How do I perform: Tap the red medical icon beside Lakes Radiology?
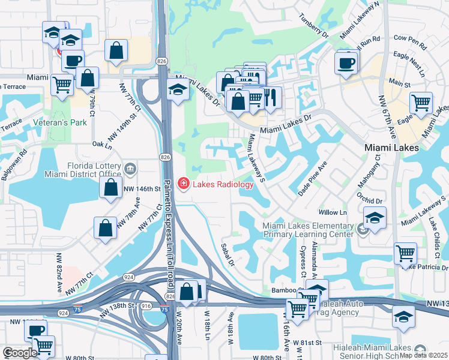[184, 184]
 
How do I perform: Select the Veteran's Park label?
[69, 122]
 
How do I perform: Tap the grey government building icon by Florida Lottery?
[130, 166]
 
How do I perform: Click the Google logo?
[20, 353]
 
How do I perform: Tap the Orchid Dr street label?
[369, 200]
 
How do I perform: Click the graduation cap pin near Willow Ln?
[375, 217]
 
